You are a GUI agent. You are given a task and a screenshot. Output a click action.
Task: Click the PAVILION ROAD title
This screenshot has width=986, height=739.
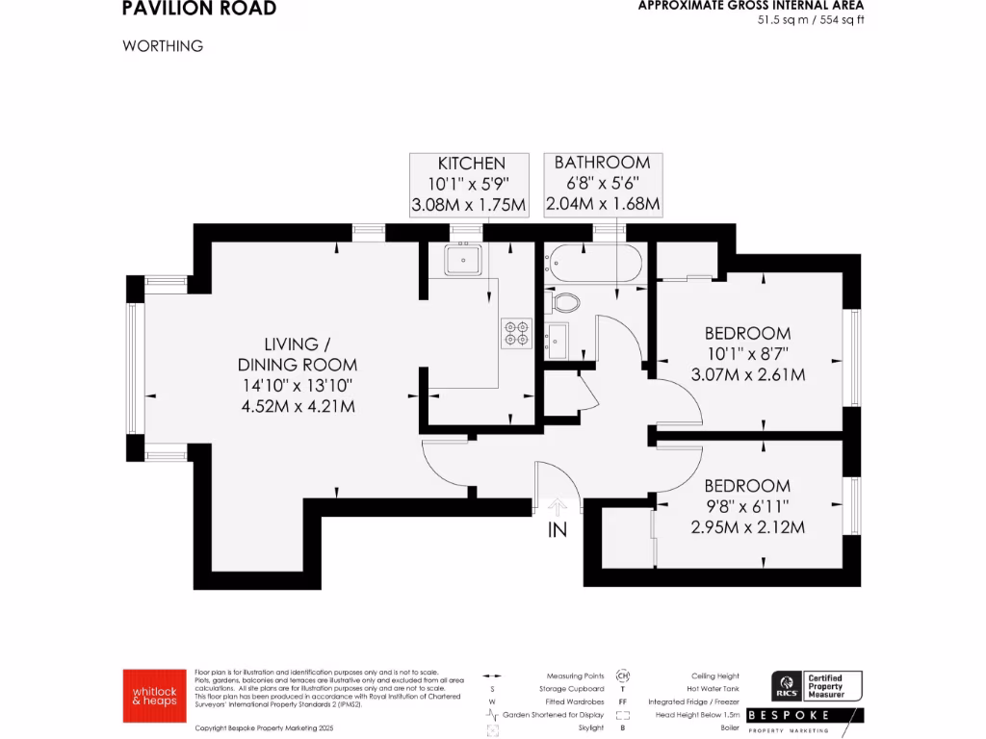click(199, 9)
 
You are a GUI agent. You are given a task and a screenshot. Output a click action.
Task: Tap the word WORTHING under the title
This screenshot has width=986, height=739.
click(163, 46)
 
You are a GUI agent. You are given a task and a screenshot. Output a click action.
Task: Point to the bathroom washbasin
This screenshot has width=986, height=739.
click(557, 339)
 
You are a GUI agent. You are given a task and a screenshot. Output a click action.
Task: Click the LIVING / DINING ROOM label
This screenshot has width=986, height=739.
click(297, 354)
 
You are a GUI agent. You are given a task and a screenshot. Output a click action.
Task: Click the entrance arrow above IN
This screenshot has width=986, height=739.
click(557, 506)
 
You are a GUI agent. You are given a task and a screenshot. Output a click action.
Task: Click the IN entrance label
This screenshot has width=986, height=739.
click(558, 529)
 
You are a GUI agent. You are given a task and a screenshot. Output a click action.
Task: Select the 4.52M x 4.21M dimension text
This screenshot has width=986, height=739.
click(297, 406)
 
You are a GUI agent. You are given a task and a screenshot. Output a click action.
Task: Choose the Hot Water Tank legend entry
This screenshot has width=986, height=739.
click(713, 689)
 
